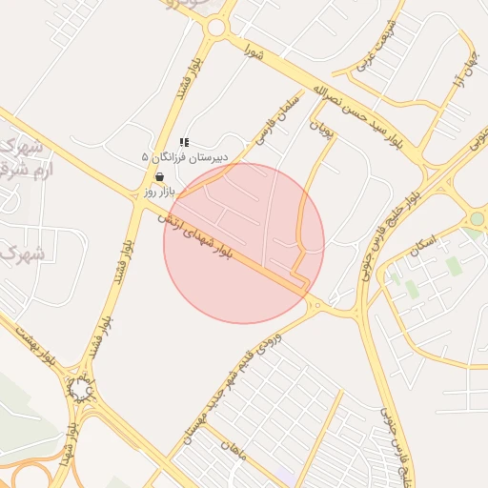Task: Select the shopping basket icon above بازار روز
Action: tap(158, 176)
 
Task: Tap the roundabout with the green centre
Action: tap(477, 219)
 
